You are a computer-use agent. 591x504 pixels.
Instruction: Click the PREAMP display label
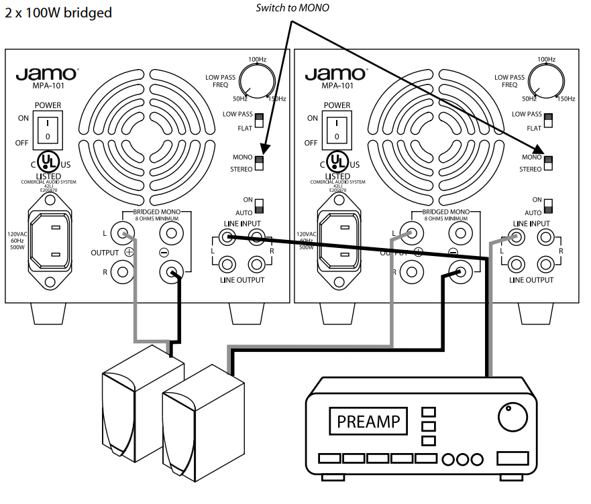pos(368,422)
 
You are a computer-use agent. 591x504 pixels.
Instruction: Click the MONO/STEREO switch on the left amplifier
pos(260,163)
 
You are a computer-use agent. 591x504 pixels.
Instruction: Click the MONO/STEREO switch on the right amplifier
pos(548,163)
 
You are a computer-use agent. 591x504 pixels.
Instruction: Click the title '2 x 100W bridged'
pos(58,13)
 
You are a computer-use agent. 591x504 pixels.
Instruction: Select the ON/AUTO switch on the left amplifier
pos(260,205)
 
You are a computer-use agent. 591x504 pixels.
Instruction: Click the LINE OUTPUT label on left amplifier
pos(242,279)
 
